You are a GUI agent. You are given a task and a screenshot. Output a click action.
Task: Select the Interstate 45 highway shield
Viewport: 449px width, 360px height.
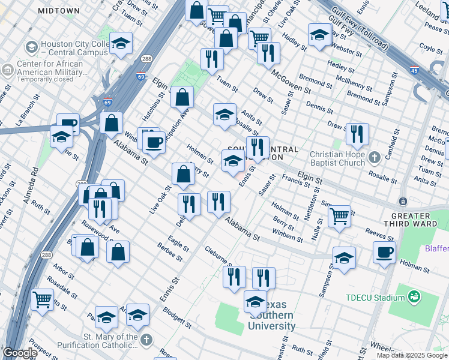pos(414,70)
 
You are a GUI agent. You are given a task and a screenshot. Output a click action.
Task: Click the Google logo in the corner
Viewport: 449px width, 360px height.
pos(20,353)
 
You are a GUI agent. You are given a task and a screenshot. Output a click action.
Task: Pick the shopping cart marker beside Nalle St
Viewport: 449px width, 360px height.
pos(340,215)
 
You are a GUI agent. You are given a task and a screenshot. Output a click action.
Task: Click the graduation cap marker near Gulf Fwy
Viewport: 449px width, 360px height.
pos(320,34)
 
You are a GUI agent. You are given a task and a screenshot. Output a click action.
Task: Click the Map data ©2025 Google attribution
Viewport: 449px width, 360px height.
pos(412,355)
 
